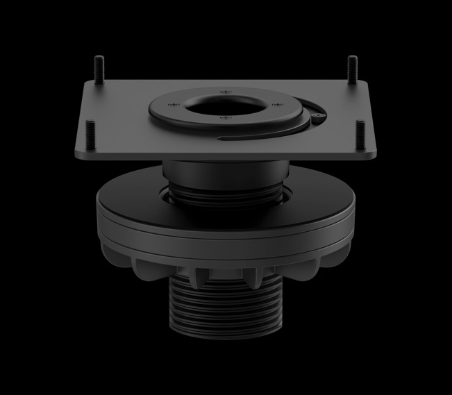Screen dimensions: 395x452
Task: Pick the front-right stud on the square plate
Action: [360, 133]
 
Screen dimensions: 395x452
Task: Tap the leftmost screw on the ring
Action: [174, 106]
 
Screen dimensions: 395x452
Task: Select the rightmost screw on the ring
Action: [277, 105]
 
